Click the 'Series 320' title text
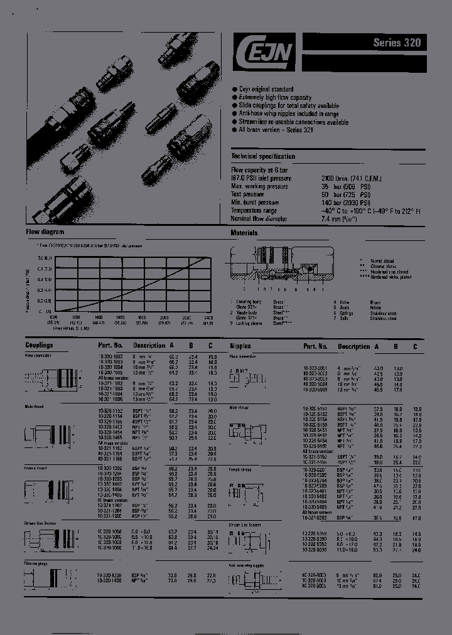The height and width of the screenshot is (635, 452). tap(397, 43)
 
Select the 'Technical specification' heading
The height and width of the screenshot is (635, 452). tap(263, 156)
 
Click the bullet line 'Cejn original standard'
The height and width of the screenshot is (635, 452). tap(266, 90)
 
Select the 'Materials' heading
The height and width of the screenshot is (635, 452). tap(244, 232)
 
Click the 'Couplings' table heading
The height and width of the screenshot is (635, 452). tap(39, 345)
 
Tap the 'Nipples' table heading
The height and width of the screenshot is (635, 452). tap(240, 346)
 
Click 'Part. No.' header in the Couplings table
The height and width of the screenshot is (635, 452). tap(110, 345)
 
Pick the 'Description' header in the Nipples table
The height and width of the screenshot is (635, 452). tap(353, 346)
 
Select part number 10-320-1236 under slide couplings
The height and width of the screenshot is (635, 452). tap(110, 575)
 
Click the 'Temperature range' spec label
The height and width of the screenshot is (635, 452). tap(258, 210)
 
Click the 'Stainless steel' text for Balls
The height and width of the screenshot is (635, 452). tap(383, 318)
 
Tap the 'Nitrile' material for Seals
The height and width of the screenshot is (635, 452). tap(375, 307)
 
